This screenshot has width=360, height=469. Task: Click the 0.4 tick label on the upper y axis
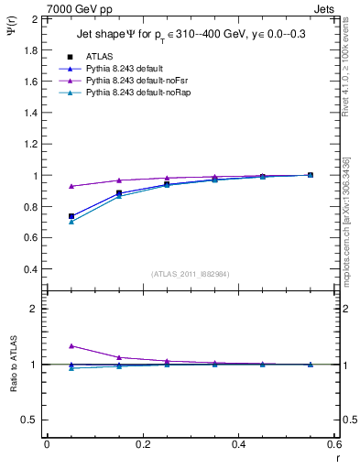(32, 269)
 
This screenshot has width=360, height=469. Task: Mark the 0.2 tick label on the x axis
(143, 444)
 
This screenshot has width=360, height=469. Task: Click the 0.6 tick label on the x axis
(334, 444)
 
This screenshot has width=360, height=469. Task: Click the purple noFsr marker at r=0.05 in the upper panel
(71, 186)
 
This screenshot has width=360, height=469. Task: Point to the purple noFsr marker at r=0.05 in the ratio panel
(71, 346)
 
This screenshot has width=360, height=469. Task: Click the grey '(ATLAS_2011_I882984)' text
(189, 273)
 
